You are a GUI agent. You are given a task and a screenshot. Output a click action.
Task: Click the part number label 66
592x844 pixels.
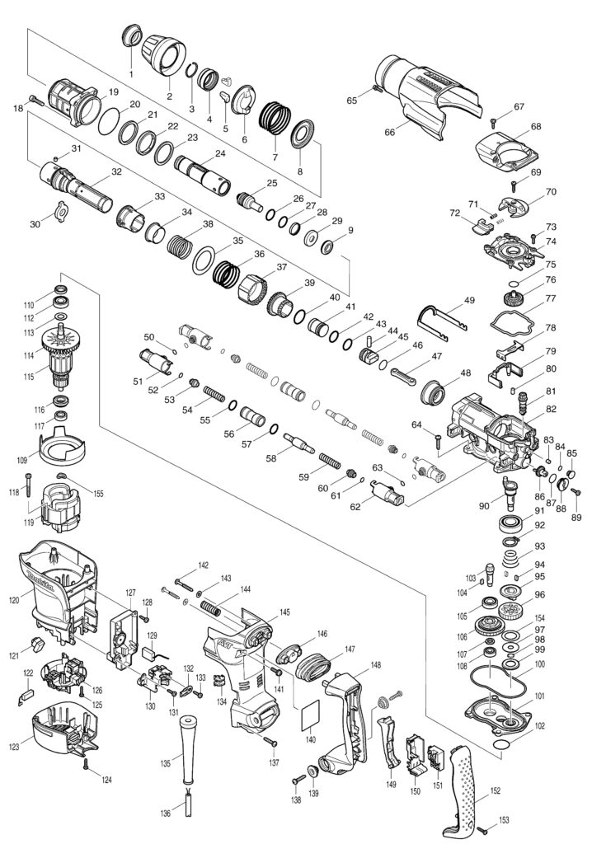[390, 131]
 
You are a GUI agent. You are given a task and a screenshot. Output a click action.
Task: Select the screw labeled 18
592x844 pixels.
[34, 101]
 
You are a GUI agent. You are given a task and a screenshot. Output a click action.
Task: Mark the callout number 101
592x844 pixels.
[539, 696]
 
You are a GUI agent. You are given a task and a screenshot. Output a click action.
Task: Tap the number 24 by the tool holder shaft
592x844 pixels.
[220, 153]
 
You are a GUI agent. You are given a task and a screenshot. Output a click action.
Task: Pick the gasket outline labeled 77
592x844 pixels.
[512, 316]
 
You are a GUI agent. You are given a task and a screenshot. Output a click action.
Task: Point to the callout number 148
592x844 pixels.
[375, 665]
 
